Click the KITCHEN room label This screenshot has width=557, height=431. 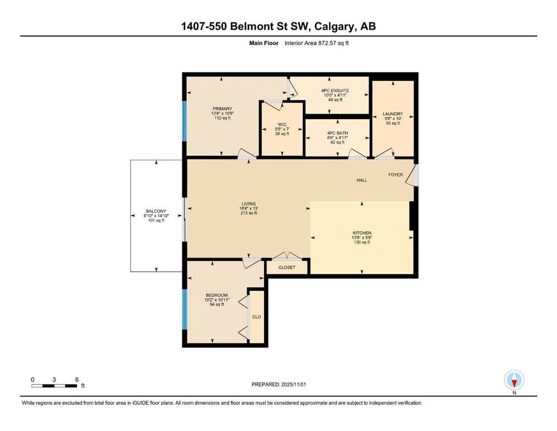(362, 233)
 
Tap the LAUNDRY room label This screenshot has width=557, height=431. (393, 114)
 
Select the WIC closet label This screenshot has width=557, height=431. (282, 125)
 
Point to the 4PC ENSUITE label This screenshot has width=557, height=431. (335, 90)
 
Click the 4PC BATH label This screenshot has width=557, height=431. (338, 133)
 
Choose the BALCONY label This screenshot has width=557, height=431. (156, 211)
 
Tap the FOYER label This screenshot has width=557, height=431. (395, 175)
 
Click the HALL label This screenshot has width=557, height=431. (362, 180)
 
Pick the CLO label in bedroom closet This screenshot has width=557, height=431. (256, 317)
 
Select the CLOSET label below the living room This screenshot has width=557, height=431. (287, 267)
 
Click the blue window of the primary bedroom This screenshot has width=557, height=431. (185, 121)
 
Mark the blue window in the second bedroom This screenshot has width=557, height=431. (185, 309)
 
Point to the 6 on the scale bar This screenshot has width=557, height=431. (77, 379)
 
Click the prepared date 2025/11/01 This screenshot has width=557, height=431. (293, 384)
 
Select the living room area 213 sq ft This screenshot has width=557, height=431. (248, 213)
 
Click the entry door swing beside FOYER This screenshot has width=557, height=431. (412, 175)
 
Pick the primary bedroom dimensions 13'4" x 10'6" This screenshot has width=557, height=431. (222, 113)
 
